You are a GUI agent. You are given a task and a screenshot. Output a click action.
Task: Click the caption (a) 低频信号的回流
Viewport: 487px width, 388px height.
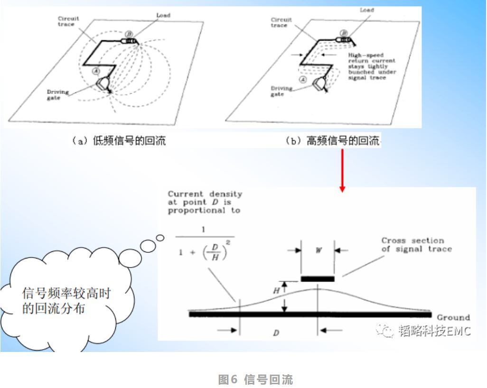[118, 140]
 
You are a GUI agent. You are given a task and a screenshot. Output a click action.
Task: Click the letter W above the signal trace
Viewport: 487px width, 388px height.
[319, 250]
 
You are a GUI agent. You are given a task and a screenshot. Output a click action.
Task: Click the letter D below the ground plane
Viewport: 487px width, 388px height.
[276, 333]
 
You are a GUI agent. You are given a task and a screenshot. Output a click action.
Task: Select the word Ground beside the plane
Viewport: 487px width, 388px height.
[453, 317]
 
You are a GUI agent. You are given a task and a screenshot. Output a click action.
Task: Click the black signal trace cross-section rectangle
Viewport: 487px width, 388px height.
[318, 278]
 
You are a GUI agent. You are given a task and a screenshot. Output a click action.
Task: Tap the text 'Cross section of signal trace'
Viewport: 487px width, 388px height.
[416, 245]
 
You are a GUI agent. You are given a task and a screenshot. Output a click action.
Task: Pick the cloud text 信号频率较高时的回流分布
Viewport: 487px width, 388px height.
[66, 300]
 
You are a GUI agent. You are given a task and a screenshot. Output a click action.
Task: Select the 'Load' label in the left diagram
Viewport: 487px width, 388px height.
[163, 16]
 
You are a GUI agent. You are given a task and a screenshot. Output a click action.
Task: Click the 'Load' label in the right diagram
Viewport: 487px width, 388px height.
[366, 10]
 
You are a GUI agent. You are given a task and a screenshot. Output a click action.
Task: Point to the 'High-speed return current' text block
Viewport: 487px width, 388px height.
[371, 66]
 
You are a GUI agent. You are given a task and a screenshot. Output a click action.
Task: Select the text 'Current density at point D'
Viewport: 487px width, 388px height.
[205, 202]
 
